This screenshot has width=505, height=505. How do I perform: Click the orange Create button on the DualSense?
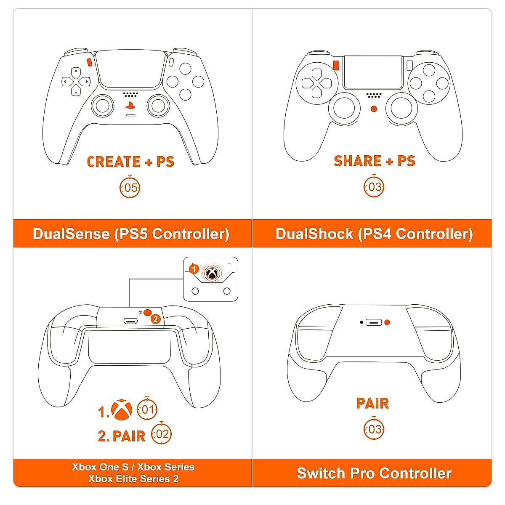[x=89, y=62]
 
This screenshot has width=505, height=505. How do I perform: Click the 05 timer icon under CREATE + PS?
[x=130, y=188]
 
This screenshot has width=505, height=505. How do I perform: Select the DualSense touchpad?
[x=130, y=70]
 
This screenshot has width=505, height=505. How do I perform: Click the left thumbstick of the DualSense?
[x=103, y=106]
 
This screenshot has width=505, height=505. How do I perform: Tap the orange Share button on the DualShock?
[x=336, y=65]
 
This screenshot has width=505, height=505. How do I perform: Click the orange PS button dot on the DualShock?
[x=374, y=109]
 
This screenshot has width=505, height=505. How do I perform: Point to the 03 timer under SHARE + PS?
[x=374, y=187]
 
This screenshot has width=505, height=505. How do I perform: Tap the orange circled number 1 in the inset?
[x=194, y=269]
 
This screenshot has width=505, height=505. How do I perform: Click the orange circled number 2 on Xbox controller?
[x=156, y=319]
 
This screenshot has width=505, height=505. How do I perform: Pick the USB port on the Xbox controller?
[x=131, y=321]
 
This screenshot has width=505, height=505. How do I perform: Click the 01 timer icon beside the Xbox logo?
[x=147, y=409]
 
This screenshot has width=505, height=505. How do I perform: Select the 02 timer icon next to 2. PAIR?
[x=162, y=434]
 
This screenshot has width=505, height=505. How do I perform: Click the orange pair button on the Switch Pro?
[x=387, y=322]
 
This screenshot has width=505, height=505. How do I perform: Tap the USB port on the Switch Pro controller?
[x=374, y=323]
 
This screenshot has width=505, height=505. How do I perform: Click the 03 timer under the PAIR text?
[x=374, y=429]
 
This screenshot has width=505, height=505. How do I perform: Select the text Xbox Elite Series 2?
[x=133, y=479]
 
